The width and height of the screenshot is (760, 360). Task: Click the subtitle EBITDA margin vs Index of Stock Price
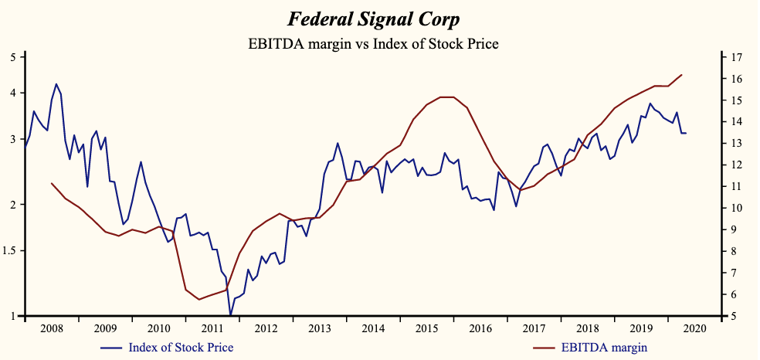(x=373, y=43)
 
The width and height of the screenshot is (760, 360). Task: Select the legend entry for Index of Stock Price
(x=181, y=347)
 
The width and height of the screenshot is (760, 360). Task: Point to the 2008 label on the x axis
(x=52, y=328)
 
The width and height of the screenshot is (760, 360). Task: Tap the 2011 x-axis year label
(x=212, y=328)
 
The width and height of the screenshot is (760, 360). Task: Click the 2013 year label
(x=319, y=328)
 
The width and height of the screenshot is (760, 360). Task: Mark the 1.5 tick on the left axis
(x=12, y=251)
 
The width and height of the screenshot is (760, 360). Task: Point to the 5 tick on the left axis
(x=13, y=57)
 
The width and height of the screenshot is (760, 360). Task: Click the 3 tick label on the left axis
(x=13, y=139)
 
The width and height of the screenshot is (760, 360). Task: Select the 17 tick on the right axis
(x=735, y=57)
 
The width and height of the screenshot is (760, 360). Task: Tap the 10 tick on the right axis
(x=735, y=209)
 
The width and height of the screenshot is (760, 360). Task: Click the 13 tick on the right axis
(x=735, y=144)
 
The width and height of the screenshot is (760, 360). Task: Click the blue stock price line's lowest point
(x=230, y=315)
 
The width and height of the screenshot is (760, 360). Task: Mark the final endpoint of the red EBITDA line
(x=681, y=75)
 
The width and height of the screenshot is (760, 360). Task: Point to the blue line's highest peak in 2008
(x=56, y=84)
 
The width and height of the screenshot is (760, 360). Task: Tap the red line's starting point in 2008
(x=52, y=183)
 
